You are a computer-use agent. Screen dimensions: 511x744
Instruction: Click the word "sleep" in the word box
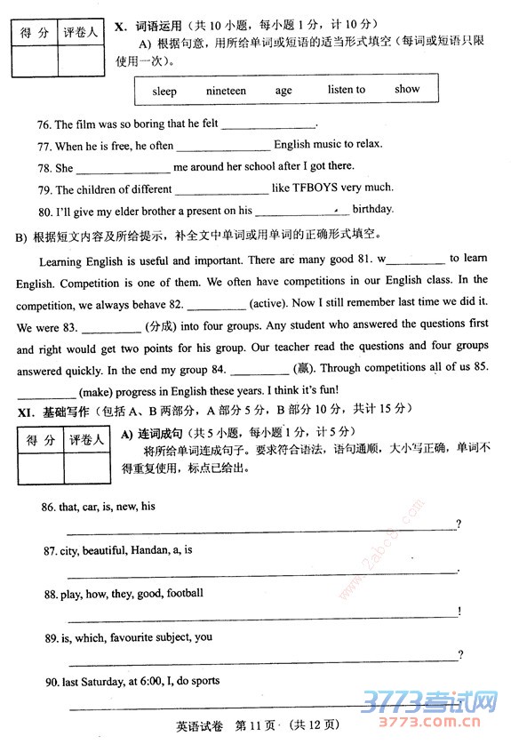[x=164, y=91]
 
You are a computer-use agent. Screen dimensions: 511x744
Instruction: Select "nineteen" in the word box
[x=226, y=91]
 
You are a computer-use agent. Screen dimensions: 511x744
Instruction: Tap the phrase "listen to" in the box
[x=346, y=90]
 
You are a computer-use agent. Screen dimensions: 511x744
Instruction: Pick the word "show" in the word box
[x=407, y=89]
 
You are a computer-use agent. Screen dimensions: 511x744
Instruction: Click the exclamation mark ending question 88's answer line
[x=459, y=611]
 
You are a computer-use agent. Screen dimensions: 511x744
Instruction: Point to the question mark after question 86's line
[x=458, y=524]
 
